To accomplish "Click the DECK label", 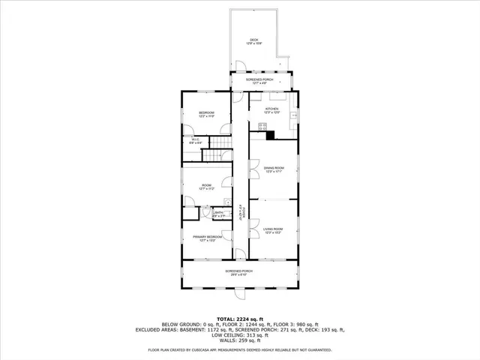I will click(255, 41).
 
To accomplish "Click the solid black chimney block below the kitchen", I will click(270, 135).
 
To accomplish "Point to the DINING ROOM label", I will click(272, 169).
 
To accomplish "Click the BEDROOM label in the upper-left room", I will click(206, 114).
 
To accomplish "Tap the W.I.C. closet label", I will click(193, 140).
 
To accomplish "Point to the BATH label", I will click(219, 214).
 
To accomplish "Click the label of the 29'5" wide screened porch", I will click(239, 272).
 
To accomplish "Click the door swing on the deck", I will click(239, 65).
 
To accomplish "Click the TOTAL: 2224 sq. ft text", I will click(239, 319).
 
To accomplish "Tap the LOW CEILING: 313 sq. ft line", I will click(239, 334).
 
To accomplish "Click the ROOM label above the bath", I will click(206, 186).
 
